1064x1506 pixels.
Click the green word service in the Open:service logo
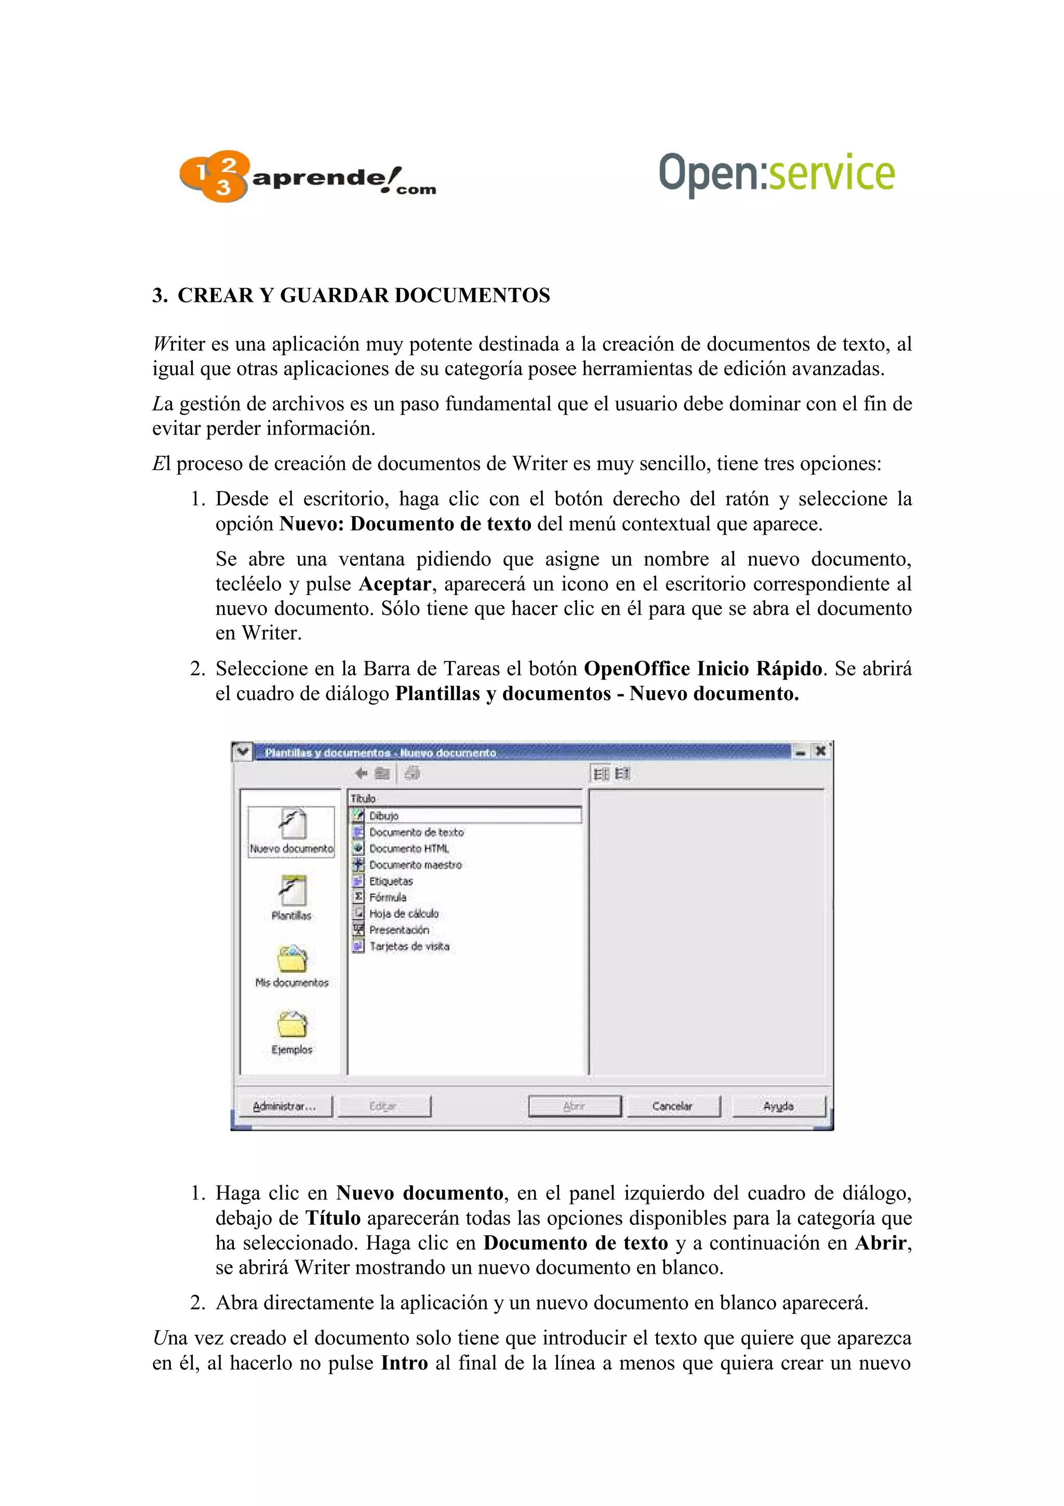(831, 173)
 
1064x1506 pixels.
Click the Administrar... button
(285, 1106)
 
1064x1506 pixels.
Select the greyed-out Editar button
(383, 1106)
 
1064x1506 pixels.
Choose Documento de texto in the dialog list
(416, 831)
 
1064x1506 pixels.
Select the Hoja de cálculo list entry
(403, 913)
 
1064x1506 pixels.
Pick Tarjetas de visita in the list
(409, 946)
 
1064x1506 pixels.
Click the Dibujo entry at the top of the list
(383, 815)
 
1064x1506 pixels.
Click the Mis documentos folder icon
(292, 960)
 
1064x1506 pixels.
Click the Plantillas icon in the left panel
(292, 891)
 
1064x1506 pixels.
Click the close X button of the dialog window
(819, 751)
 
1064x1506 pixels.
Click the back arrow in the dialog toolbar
(361, 773)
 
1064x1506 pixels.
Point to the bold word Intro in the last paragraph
(405, 1363)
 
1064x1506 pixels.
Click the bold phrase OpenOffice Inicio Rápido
(703, 668)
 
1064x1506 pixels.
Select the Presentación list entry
(398, 930)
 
